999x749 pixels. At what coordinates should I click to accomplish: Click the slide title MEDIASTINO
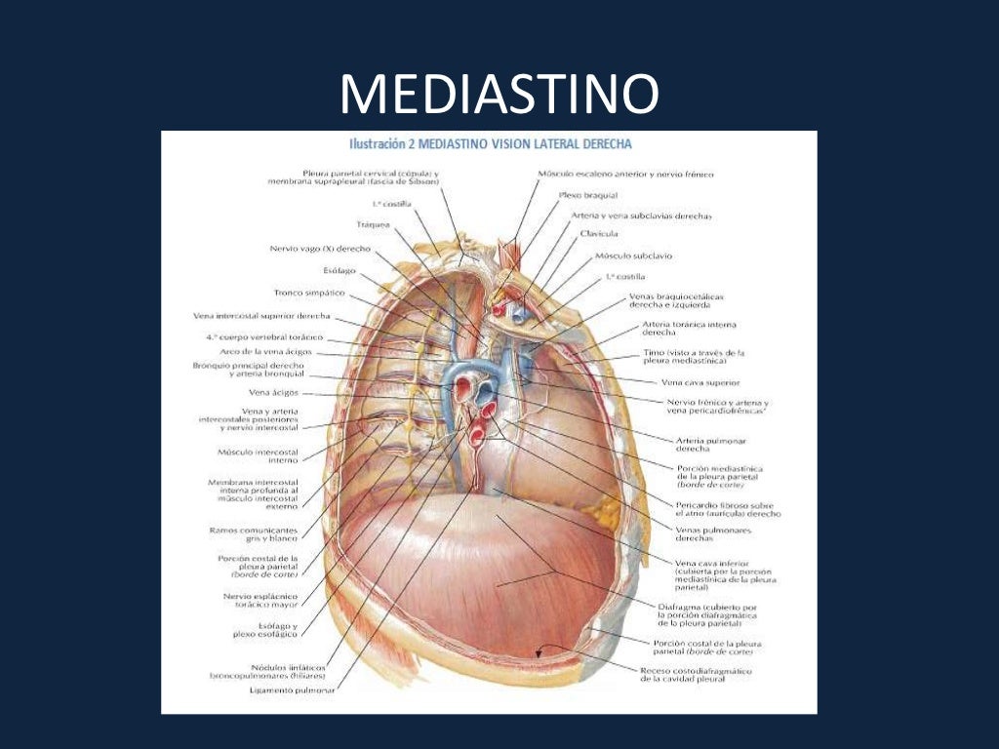coord(499,96)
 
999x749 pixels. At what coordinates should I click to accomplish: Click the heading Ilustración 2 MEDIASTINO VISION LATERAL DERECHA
coord(491,143)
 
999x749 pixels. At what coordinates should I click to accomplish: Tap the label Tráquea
coord(374,224)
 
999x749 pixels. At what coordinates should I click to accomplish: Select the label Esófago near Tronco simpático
coord(340,270)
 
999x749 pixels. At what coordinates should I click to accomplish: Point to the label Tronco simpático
coord(308,292)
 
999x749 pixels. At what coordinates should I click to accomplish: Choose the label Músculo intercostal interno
coord(258,456)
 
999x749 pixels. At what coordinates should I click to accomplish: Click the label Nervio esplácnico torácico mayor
coord(265,599)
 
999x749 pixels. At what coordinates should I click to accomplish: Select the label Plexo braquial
coord(583,195)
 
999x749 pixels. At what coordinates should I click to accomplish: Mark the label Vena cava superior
coord(699,382)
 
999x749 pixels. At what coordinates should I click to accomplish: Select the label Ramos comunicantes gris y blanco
coord(254,534)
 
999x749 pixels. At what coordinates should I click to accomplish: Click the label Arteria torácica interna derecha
coord(689,328)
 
